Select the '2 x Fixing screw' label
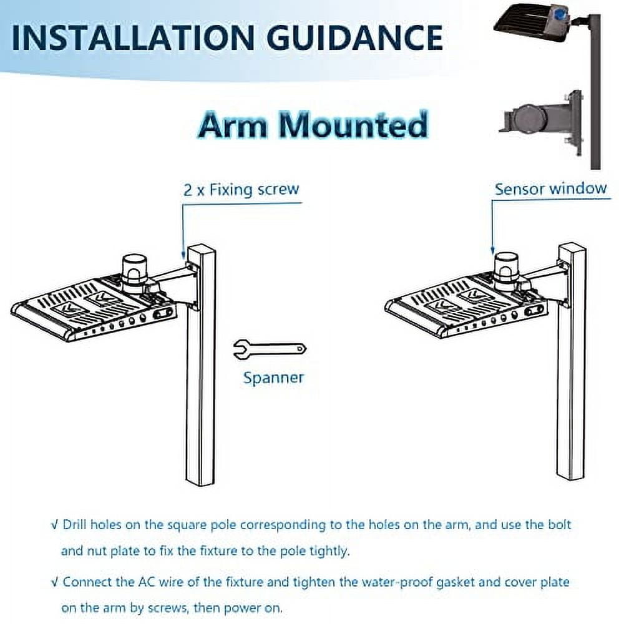click(241, 189)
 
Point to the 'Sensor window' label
click(550, 188)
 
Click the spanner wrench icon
click(268, 349)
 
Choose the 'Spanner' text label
click(273, 378)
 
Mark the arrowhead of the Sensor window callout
click(493, 253)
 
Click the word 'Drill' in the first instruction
click(75, 524)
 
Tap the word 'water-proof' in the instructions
click(375, 582)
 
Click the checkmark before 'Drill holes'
click(54, 524)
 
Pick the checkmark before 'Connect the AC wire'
click(54, 582)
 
